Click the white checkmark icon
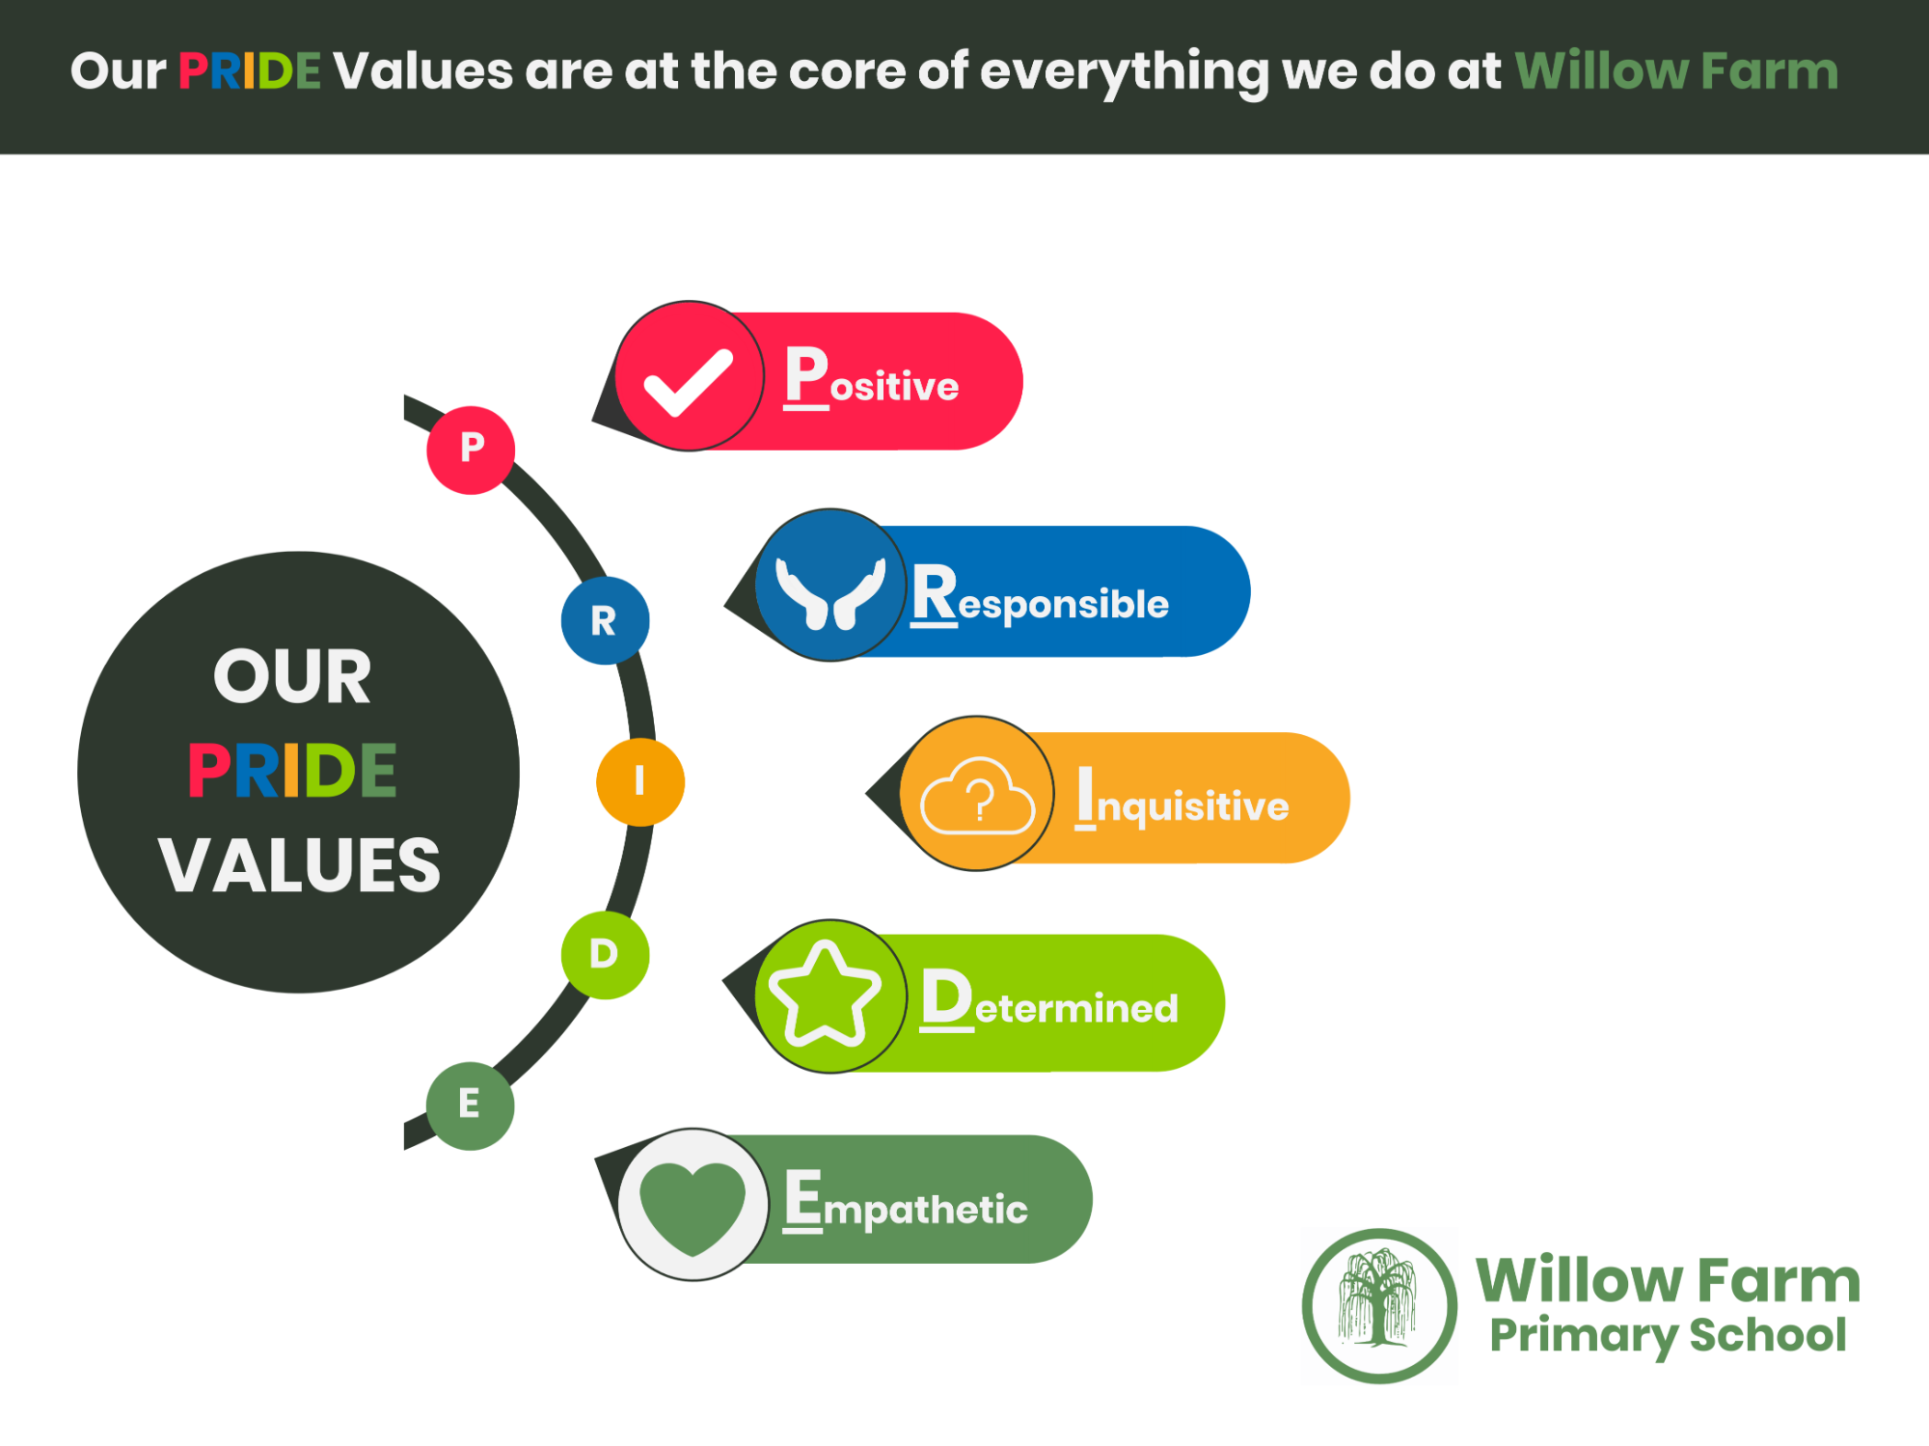point(689,382)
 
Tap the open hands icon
point(830,593)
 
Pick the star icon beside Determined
point(826,996)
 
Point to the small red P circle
point(471,450)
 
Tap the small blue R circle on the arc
point(605,620)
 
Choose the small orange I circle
point(640,781)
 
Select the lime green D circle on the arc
point(605,955)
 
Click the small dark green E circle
point(470,1105)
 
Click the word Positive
point(871,378)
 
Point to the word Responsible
point(1040,596)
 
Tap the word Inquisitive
point(1182,799)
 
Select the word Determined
point(1049,1000)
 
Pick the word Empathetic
point(906,1201)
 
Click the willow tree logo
point(1379,1306)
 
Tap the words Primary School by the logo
point(1668,1337)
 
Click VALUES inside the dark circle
point(299,865)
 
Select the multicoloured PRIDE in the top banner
point(249,71)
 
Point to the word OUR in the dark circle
point(292,677)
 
